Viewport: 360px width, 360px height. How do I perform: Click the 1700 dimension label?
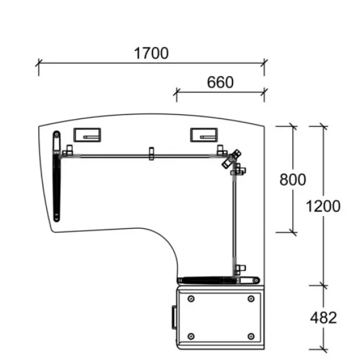151,53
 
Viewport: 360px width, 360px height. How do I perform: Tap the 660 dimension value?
220,82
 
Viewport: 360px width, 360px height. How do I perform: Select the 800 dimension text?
293,179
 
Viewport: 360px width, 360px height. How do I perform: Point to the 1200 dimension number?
323,206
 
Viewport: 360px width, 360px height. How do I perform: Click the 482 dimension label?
323,318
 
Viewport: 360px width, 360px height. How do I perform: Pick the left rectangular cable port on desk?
87,135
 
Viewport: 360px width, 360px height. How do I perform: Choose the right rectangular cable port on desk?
204,135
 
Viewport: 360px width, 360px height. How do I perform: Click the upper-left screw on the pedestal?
191,299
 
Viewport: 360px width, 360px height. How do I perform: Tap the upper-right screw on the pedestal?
251,299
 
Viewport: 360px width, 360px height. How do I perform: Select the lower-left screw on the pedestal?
191,336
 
